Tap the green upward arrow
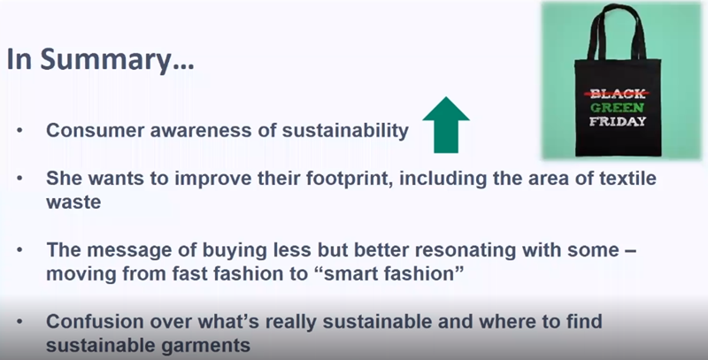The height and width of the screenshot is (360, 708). [x=446, y=125]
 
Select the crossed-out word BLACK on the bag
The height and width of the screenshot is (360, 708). [x=617, y=94]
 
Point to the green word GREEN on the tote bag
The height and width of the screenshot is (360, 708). [x=617, y=108]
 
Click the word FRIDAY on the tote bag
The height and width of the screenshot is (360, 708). [x=617, y=121]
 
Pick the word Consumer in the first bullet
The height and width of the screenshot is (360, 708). [x=96, y=130]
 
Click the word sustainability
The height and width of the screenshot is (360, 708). [x=345, y=131]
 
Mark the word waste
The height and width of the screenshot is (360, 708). [x=73, y=203]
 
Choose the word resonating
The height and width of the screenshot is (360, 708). [x=466, y=251]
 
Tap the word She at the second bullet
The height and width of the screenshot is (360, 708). [x=64, y=178]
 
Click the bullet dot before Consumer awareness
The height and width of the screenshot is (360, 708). [x=19, y=131]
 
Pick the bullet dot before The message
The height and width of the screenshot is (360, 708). [x=19, y=250]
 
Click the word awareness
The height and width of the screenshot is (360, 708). [x=201, y=131]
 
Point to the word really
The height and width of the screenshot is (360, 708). [x=291, y=322]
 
